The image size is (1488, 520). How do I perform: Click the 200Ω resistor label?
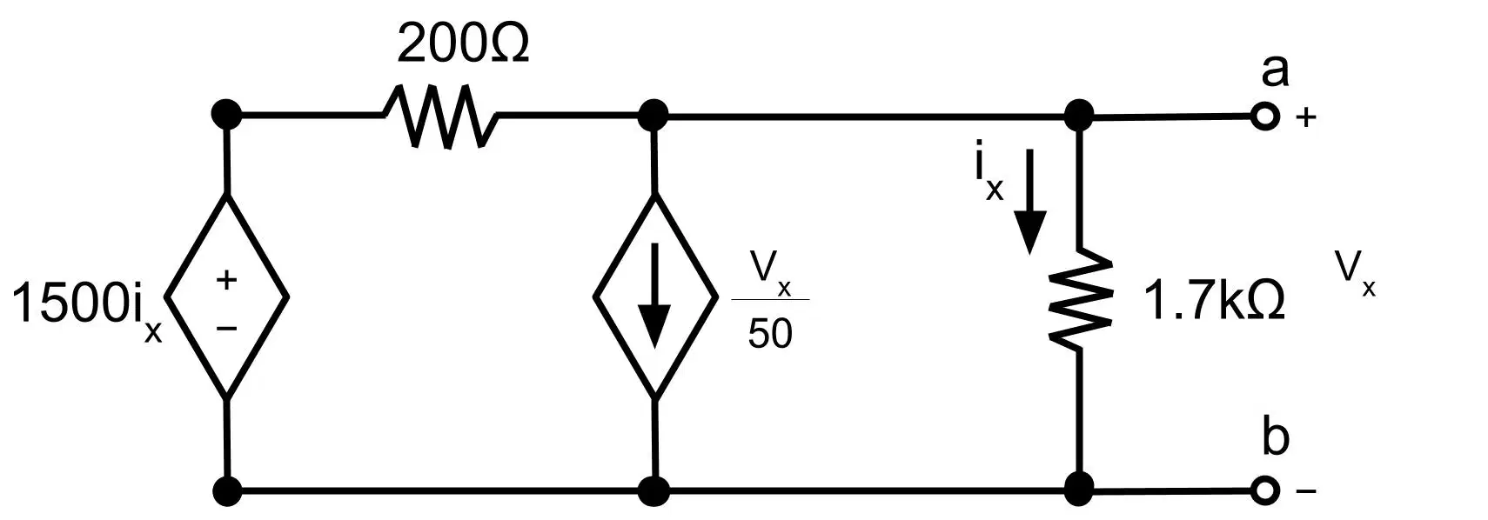point(463,44)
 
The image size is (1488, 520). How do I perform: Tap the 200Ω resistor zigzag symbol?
point(439,117)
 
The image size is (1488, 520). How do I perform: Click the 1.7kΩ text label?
point(1214,301)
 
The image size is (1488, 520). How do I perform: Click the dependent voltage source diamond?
point(226,297)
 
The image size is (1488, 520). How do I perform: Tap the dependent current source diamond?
point(655,297)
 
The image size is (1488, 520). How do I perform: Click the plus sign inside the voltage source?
point(226,280)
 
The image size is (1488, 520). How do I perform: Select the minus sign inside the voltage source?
point(226,328)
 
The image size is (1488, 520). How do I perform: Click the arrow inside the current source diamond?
point(655,296)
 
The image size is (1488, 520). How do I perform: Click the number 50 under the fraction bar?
point(770,333)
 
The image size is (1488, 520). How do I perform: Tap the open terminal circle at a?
point(1265,117)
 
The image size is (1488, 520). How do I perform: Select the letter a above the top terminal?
point(1275,71)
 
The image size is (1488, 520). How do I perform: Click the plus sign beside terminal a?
point(1306,117)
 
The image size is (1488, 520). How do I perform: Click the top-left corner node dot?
point(226,115)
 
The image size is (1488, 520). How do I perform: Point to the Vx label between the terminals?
point(1356,274)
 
